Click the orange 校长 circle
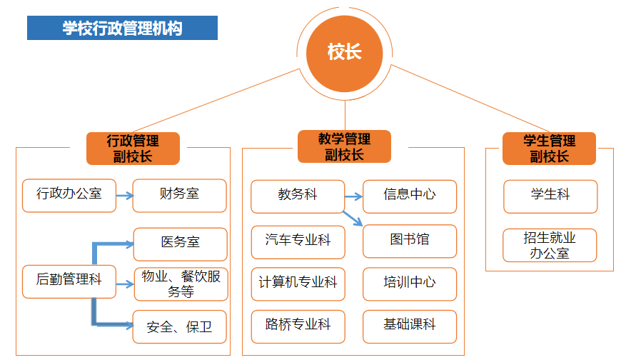tap(345, 53)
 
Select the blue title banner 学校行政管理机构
tap(122, 28)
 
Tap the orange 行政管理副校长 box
tap(133, 148)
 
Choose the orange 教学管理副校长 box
tap(345, 146)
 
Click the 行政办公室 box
tap(69, 195)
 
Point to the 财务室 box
tap(179, 195)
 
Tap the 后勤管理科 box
tap(69, 280)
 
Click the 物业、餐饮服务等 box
tap(180, 284)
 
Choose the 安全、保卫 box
tap(180, 327)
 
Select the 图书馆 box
tap(409, 240)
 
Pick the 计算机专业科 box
tap(298, 282)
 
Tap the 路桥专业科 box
tap(298, 325)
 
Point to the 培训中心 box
tap(409, 282)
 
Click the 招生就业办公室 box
tap(550, 245)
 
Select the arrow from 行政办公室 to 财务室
tap(124, 195)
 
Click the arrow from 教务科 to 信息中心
tap(354, 195)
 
